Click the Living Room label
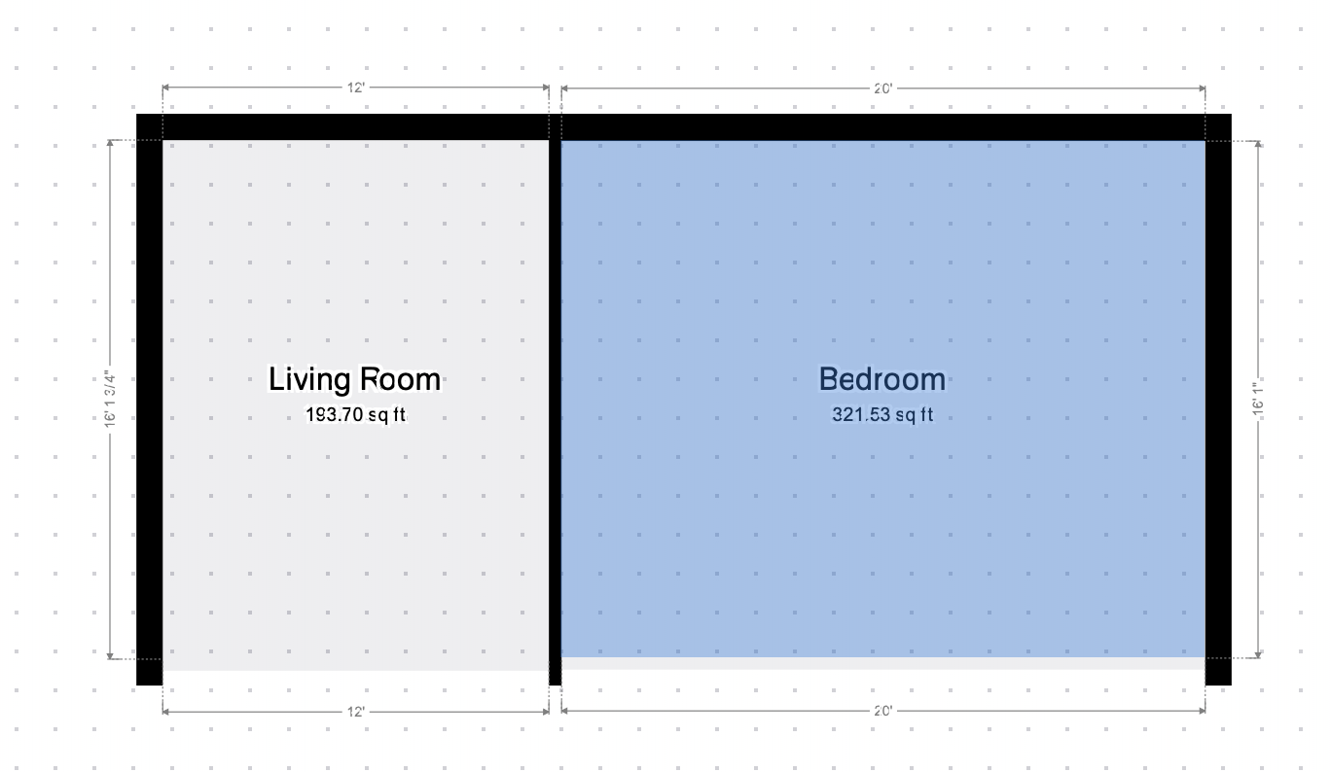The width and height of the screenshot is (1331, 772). [x=355, y=380]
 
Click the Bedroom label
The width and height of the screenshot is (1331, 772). [x=882, y=379]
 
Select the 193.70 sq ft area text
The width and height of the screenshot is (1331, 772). [x=355, y=414]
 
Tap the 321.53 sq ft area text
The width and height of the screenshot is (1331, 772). [x=882, y=414]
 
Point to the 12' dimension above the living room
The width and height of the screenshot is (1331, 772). [x=355, y=88]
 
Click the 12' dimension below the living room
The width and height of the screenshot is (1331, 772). [x=355, y=712]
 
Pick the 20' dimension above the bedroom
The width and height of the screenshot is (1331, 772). [x=883, y=88]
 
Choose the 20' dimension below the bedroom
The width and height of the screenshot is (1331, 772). [x=883, y=711]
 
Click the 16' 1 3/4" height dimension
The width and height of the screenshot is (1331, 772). [x=110, y=399]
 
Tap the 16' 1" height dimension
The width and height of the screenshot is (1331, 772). [x=1258, y=399]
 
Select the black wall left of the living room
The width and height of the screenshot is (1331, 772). [x=149, y=400]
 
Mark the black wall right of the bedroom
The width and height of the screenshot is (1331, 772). [x=1218, y=400]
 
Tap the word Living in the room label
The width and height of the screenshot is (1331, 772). [x=309, y=380]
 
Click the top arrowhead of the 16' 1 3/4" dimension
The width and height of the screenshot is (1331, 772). [x=110, y=143]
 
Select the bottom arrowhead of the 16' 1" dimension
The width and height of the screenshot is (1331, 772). [x=1258, y=655]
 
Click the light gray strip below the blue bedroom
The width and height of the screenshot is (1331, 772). [x=883, y=663]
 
